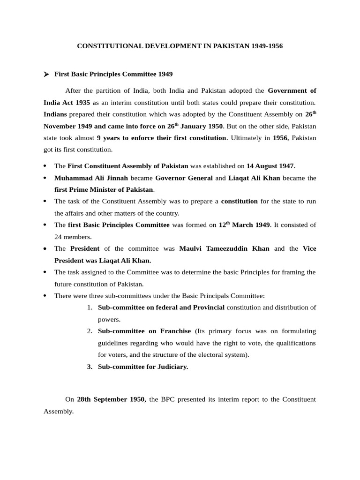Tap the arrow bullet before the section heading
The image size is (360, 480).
pos(46,74)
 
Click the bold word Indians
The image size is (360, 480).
pos(55,114)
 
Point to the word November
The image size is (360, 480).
pos(60,126)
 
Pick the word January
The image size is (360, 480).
pos(195,126)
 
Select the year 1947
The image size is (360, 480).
pos(285,166)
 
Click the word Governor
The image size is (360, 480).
pos(171,178)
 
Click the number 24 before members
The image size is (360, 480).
pos(58,237)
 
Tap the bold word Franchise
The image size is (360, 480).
pos(175,331)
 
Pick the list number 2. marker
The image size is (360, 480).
pos(90,331)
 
